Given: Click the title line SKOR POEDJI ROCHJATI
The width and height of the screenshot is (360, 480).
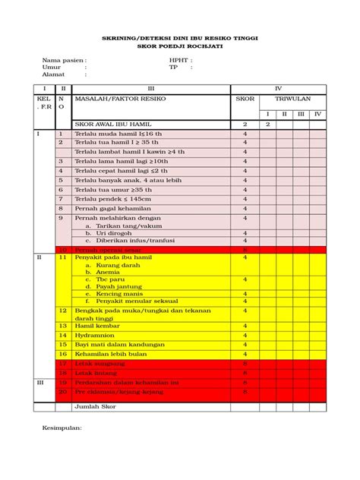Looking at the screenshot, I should (179, 46).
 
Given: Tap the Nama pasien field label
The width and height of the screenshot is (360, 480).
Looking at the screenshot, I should (64, 59).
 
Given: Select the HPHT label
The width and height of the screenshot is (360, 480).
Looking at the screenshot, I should (180, 59).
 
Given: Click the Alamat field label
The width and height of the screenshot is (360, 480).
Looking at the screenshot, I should (54, 74).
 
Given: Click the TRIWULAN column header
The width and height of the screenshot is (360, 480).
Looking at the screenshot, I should (292, 99).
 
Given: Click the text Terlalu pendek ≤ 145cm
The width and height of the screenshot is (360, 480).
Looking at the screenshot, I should (115, 199).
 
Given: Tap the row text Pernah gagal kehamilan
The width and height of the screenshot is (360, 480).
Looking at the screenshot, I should (115, 208).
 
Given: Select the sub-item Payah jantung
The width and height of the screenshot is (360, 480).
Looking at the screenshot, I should (117, 286).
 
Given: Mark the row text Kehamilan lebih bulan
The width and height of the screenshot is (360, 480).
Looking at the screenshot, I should (113, 354).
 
